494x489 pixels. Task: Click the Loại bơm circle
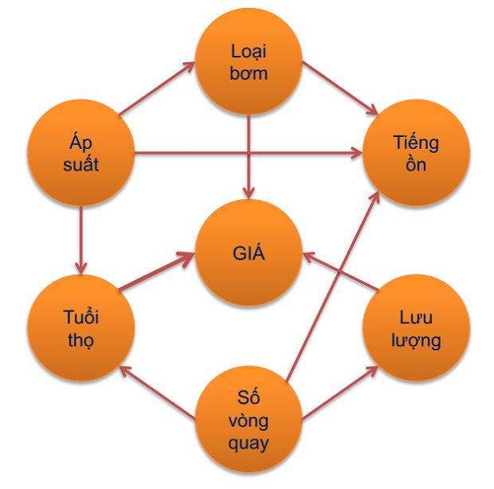pyautogui.click(x=249, y=62)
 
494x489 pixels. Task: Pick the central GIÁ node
pyautogui.click(x=249, y=254)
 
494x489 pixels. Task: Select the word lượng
pyautogui.click(x=416, y=341)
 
